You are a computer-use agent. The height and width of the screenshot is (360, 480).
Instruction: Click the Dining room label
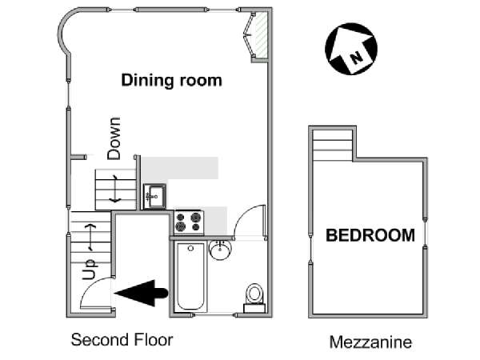coord(171,81)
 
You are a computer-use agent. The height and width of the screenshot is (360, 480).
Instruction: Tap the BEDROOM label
coord(370,235)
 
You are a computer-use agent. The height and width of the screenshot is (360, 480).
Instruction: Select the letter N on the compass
coord(356,58)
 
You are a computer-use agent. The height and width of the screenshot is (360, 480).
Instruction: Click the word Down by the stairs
coord(114,138)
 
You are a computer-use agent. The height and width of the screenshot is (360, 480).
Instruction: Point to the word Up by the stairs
coord(90,270)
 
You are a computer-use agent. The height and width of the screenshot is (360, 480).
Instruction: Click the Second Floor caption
coord(122,340)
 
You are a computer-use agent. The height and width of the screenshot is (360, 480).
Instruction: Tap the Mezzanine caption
coord(370,342)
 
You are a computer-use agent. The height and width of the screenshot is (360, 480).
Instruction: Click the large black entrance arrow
coord(142,293)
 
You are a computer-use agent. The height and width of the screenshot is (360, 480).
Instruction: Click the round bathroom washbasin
coord(221,250)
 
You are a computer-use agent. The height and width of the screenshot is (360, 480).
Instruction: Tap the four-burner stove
coord(189,222)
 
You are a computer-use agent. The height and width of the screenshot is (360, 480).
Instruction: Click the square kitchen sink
coord(155,197)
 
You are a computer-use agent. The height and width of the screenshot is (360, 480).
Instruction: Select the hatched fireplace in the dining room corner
coord(261,35)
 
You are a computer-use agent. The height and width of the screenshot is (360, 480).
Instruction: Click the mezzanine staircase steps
coord(333,145)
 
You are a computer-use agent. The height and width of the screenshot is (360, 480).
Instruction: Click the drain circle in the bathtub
coord(190,248)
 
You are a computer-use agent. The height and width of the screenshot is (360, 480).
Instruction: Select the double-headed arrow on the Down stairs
coord(115,189)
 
